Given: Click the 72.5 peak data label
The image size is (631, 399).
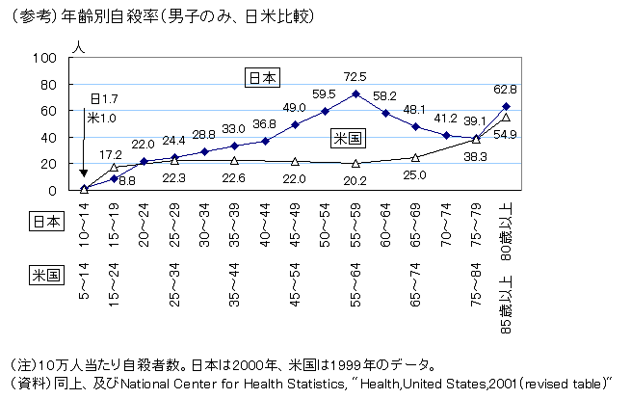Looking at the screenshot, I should tap(355, 76).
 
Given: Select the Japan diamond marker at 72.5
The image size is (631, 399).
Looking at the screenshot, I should tap(355, 94).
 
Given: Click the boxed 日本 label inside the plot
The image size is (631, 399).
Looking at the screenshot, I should tap(259, 78).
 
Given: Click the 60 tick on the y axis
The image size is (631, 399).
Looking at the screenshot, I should tap(48, 111).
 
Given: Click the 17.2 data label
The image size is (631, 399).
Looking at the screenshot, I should tap(111, 154).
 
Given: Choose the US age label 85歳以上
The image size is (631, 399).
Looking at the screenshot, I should tap(506, 306).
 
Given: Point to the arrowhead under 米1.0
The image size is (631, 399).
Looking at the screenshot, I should tap(85, 173).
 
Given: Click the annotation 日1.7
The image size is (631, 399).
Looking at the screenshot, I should tap(103, 99).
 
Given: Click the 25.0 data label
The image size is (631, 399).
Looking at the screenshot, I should tap(415, 175).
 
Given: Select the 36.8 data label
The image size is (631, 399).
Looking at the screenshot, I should tap(264, 124).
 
